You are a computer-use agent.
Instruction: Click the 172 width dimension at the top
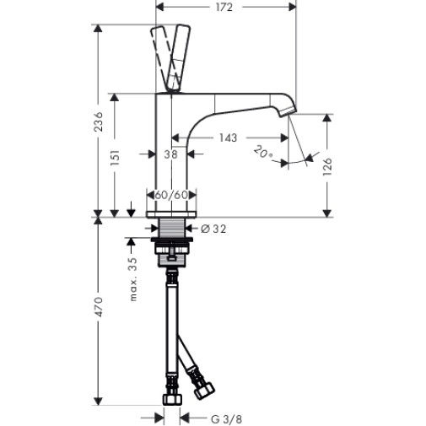pos(224,8)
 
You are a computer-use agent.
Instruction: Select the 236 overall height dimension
pos(99,121)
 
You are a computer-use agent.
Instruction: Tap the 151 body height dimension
pos(115,158)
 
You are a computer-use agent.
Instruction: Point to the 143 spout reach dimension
pos(228,138)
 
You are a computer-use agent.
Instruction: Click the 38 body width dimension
pos(171,154)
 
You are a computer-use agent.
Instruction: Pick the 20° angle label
pos(263,153)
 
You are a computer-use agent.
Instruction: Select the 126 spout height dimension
pos(327,167)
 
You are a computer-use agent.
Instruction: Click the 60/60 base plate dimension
pos(171,195)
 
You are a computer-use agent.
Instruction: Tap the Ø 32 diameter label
pos(213,229)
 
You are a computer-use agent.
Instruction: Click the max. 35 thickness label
pos(132,279)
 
